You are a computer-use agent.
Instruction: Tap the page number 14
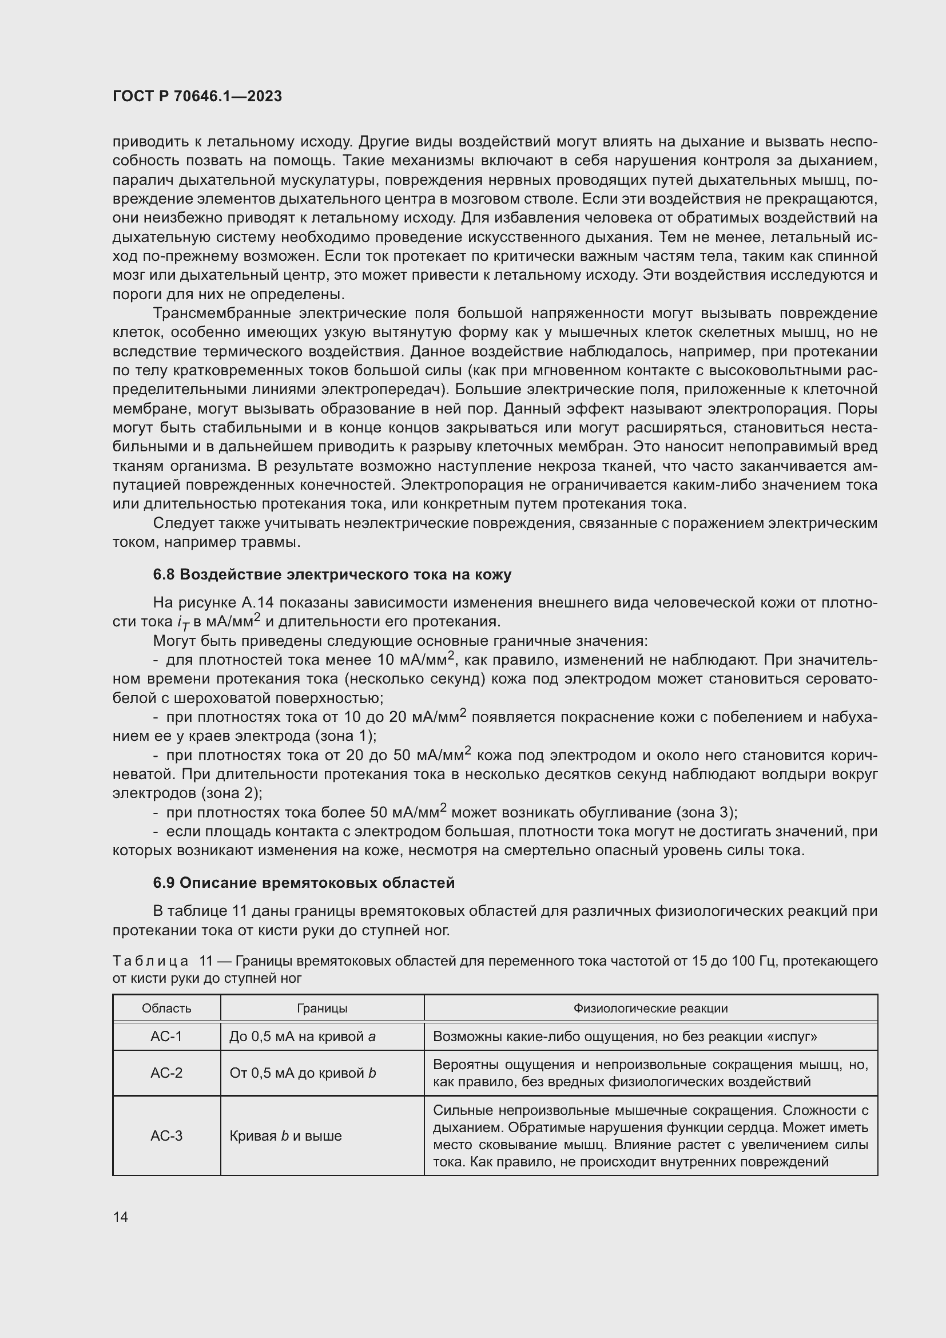(x=121, y=1217)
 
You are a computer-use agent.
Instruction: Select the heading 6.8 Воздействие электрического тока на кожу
(x=332, y=574)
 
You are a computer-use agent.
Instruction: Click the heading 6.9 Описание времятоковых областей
(x=304, y=883)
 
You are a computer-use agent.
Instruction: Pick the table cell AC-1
(x=166, y=1036)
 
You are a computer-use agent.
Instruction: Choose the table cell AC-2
(x=166, y=1073)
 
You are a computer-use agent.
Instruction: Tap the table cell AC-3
(x=166, y=1136)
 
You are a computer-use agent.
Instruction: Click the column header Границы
(x=322, y=1009)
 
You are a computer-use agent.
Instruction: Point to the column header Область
(x=166, y=1009)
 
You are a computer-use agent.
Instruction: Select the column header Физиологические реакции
(x=651, y=1009)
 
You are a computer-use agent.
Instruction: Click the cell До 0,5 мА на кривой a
(x=303, y=1037)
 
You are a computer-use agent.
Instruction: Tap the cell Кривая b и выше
(x=285, y=1136)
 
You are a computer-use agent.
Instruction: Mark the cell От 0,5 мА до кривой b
(x=303, y=1073)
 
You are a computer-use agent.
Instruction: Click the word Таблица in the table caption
(x=150, y=961)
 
